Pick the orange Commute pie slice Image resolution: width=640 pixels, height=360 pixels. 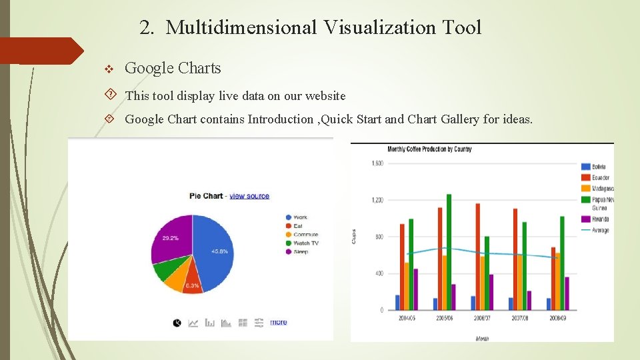[x=174, y=283]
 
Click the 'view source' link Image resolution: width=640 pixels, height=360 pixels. [x=249, y=196]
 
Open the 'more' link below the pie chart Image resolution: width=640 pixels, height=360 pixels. [x=279, y=322]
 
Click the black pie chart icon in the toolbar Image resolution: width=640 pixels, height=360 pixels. [x=177, y=323]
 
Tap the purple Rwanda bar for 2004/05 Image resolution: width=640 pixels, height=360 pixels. [x=415, y=289]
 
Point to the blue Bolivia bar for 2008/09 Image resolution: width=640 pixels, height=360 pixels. [x=549, y=304]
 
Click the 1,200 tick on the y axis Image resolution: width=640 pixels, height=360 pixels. [x=377, y=200]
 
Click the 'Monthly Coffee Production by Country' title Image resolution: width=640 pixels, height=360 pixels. [x=429, y=149]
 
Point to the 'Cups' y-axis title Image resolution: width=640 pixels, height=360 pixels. [x=353, y=236]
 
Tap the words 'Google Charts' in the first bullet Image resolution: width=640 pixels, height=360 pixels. [x=173, y=68]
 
